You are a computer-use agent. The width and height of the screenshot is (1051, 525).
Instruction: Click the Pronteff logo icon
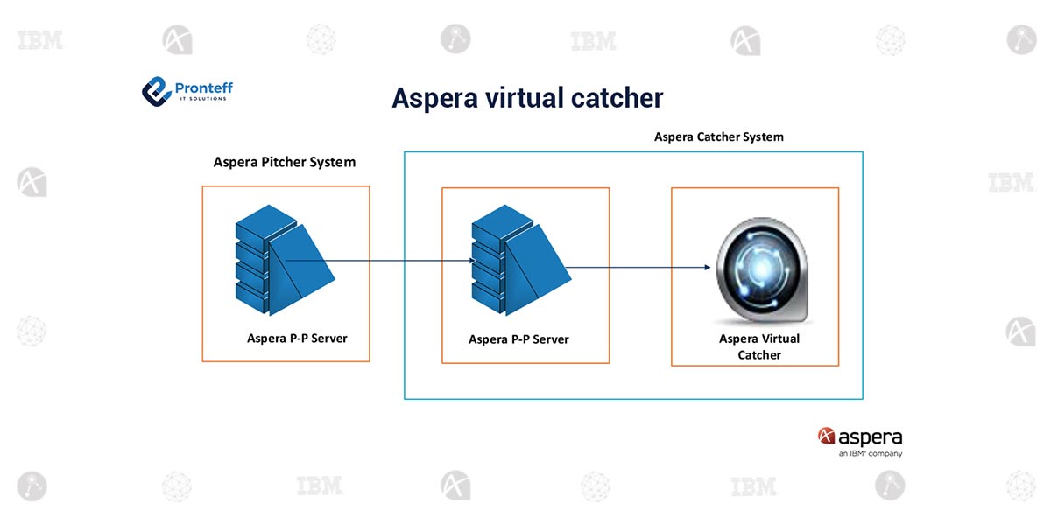click(x=155, y=91)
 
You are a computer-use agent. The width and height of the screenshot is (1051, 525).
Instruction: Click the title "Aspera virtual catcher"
click(x=527, y=98)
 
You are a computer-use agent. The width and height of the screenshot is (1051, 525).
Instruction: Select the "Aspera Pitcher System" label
click(x=285, y=163)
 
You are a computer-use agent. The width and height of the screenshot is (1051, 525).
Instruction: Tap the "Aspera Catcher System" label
click(x=719, y=137)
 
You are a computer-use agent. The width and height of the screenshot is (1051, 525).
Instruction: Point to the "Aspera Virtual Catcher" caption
click(x=758, y=346)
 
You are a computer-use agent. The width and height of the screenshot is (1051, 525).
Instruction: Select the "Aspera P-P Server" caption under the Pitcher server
click(x=297, y=339)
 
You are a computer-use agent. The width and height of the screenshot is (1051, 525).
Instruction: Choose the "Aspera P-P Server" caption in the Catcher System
click(x=518, y=339)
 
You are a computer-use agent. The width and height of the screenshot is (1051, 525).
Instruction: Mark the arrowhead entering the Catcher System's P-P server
click(x=470, y=261)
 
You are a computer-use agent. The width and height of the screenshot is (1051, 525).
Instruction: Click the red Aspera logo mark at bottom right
click(x=825, y=436)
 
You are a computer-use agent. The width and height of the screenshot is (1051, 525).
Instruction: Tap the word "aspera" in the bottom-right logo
click(x=870, y=437)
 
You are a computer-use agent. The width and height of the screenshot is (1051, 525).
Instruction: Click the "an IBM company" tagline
click(x=870, y=453)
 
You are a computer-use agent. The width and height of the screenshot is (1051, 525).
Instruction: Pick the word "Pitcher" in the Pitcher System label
click(x=280, y=163)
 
